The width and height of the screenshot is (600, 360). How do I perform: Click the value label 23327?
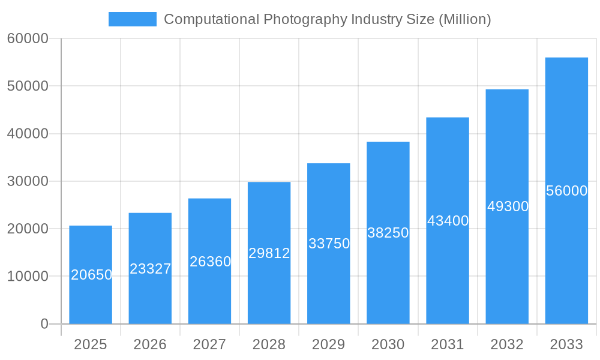click(x=151, y=269)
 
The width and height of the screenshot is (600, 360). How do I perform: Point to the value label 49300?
click(x=508, y=206)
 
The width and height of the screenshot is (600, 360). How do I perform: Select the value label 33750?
click(x=329, y=244)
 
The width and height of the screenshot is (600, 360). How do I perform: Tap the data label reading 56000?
click(x=566, y=191)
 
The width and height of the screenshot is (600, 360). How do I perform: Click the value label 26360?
click(x=210, y=262)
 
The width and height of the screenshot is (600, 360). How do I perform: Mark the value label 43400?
click(x=448, y=221)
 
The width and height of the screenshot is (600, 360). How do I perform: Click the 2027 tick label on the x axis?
click(x=209, y=344)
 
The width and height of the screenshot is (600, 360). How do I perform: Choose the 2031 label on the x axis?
click(x=448, y=344)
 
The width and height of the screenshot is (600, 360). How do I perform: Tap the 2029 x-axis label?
click(x=329, y=344)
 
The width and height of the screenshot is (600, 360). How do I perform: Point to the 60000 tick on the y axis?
click(x=28, y=38)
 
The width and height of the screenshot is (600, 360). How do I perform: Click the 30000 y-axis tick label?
click(x=28, y=181)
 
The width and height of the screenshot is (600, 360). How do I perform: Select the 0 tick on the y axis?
click(x=44, y=324)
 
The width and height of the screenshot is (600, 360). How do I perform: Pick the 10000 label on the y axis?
click(x=28, y=277)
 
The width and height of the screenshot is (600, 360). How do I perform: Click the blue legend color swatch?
click(x=132, y=19)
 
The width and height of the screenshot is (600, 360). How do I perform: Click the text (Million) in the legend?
click(x=464, y=19)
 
